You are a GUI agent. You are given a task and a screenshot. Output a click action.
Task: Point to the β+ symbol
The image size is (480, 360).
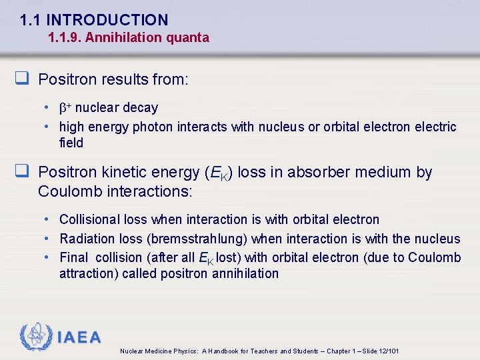point(65,107)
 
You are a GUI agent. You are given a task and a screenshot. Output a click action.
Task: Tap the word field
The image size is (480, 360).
point(71,143)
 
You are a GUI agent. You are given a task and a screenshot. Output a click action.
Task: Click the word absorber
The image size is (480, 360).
point(305,172)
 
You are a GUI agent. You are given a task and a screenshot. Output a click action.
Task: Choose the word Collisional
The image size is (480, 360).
point(90,219)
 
